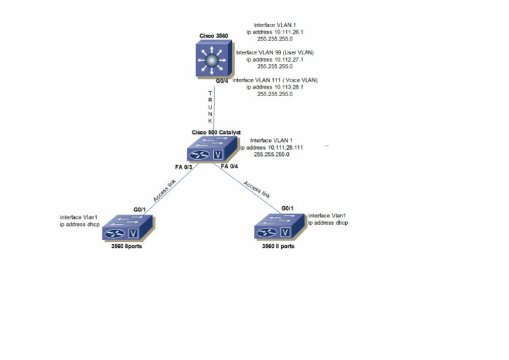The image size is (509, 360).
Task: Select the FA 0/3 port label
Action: (184, 167)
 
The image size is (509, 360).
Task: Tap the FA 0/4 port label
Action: (230, 166)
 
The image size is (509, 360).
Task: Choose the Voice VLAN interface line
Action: (275, 80)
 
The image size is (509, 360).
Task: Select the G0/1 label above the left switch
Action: (139, 210)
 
